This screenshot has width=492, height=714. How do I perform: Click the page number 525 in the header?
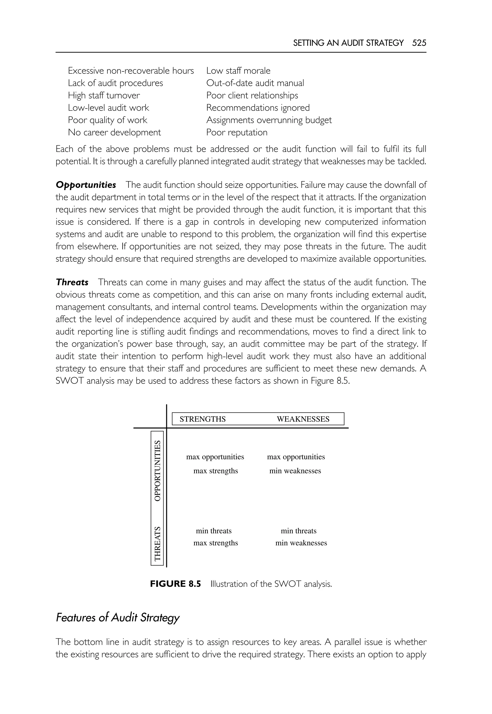click(419, 43)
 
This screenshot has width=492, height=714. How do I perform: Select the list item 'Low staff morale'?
click(238, 71)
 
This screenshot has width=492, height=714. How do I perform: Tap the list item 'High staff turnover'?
click(104, 95)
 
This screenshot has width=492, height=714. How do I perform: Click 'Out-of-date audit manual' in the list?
click(255, 83)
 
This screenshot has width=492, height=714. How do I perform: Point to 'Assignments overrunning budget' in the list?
click(269, 120)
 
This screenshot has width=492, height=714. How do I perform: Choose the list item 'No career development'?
click(114, 132)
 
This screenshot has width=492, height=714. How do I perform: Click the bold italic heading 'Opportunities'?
click(86, 185)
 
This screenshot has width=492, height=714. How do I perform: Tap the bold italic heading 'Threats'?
click(72, 282)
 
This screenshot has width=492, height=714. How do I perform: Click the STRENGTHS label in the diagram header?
click(203, 419)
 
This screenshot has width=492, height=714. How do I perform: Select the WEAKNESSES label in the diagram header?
click(303, 419)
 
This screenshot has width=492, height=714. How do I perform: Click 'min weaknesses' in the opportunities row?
click(295, 471)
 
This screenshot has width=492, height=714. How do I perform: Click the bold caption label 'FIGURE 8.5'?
click(175, 584)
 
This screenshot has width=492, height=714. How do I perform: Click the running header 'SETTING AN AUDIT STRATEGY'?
click(348, 43)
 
